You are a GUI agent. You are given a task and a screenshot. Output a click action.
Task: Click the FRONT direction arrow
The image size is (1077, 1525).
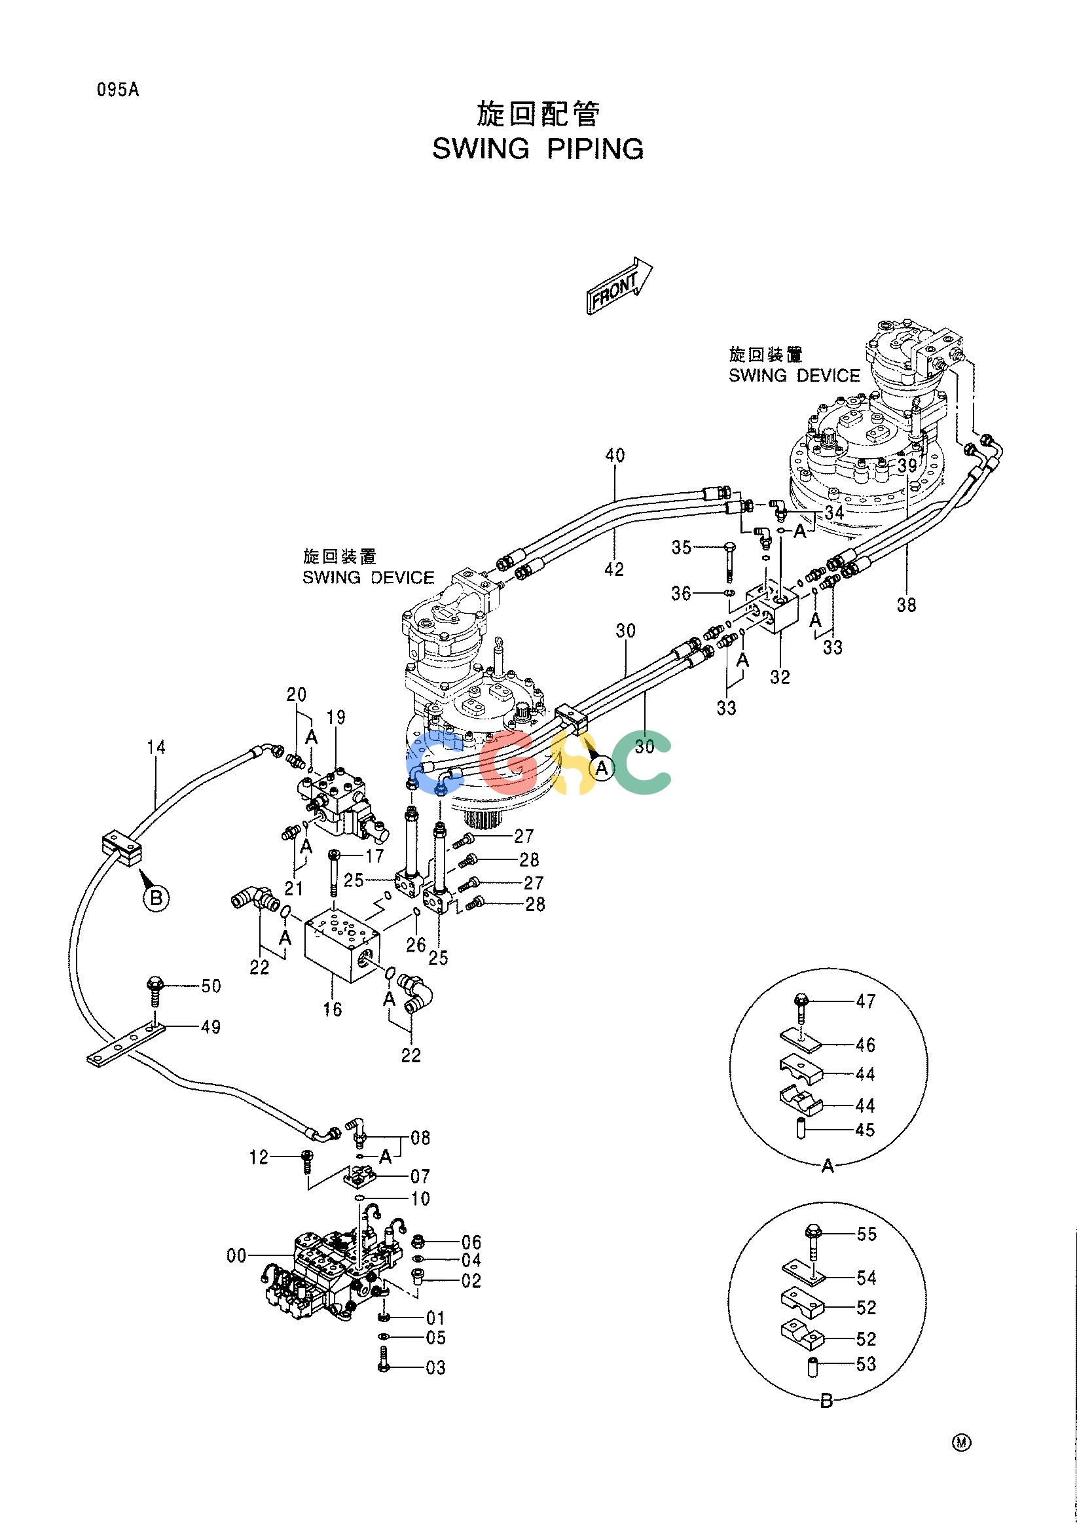tap(619, 285)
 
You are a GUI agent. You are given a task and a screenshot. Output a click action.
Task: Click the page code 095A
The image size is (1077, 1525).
tap(118, 90)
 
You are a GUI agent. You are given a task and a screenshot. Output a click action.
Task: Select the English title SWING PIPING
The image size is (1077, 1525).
tap(538, 149)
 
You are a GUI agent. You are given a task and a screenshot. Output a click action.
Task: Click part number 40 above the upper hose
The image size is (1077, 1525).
tap(615, 456)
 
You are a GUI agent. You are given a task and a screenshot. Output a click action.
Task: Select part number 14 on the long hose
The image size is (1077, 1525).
tap(156, 747)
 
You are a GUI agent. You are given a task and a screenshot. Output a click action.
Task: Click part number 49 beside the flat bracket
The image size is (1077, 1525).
tap(211, 1028)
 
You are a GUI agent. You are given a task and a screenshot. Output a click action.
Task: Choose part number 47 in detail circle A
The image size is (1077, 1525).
tap(866, 1001)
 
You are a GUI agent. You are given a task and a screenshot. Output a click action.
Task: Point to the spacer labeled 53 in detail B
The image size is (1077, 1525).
tap(812, 1364)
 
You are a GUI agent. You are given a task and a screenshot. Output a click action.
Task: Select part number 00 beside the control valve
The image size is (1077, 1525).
tap(237, 1255)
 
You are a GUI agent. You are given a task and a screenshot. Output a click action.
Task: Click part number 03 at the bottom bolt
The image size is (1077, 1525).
tap(435, 1367)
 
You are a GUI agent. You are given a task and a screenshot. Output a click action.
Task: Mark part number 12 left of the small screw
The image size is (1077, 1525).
tap(259, 1158)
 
